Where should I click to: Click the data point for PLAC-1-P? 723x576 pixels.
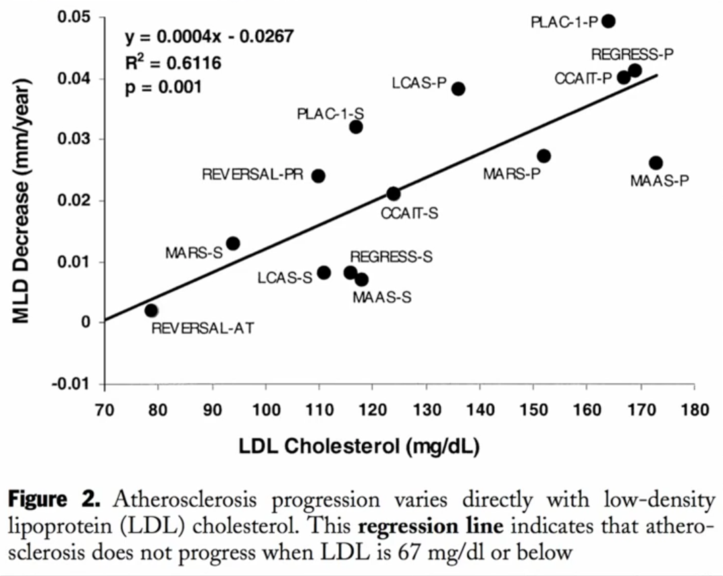[608, 21]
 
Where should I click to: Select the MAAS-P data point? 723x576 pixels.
[655, 163]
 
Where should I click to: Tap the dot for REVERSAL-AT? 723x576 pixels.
[151, 311]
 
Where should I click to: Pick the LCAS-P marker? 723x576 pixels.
[458, 88]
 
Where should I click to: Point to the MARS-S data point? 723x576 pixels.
[233, 243]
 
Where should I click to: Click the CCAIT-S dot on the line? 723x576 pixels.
[394, 194]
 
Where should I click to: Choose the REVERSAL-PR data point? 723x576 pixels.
[319, 176]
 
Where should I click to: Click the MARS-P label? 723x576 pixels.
[512, 174]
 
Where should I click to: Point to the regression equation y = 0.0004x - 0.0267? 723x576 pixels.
[210, 36]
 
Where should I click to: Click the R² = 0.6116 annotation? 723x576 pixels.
[173, 63]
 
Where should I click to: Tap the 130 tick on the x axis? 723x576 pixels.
[426, 411]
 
